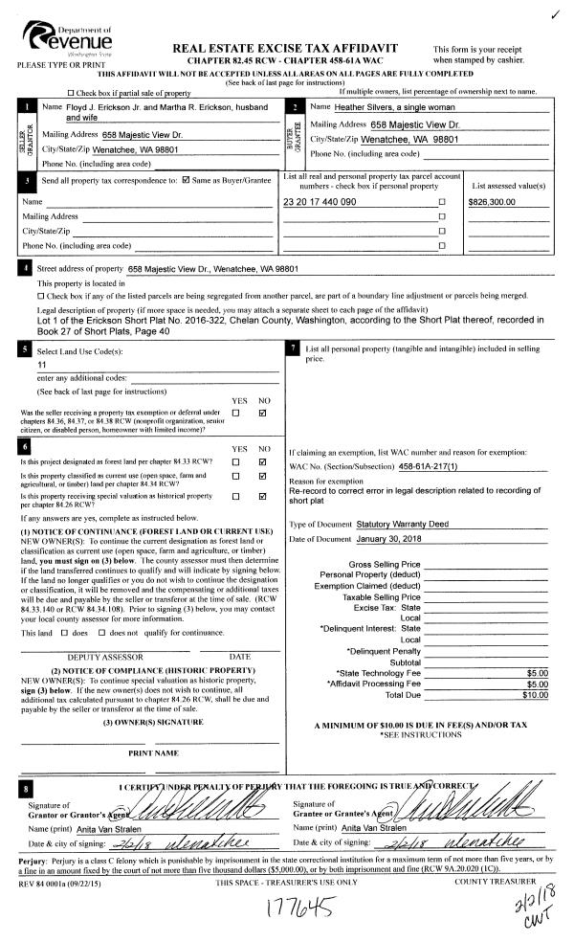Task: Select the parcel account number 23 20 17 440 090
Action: coord(320,203)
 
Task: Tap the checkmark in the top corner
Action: coord(555,13)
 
